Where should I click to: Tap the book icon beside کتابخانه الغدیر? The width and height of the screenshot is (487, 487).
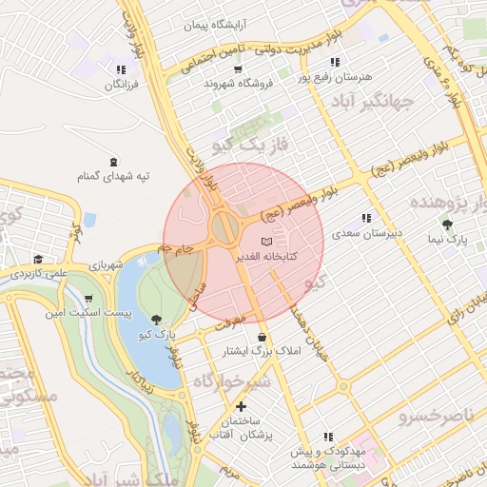[265, 241]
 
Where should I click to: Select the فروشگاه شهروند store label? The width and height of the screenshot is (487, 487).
[238, 84]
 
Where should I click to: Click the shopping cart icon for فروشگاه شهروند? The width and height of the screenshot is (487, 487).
[237, 68]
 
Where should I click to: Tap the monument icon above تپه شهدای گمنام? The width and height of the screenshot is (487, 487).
[115, 161]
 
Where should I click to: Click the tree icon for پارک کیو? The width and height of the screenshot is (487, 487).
[155, 320]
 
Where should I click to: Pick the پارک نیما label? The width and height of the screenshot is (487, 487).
[447, 242]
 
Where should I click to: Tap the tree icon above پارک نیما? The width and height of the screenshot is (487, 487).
[447, 225]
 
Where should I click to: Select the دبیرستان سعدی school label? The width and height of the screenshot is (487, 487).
[366, 233]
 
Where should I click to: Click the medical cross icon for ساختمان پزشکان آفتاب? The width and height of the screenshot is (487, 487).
[241, 407]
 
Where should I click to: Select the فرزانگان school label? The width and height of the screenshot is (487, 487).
[121, 85]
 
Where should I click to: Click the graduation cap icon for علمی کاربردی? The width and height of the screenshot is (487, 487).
[38, 259]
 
